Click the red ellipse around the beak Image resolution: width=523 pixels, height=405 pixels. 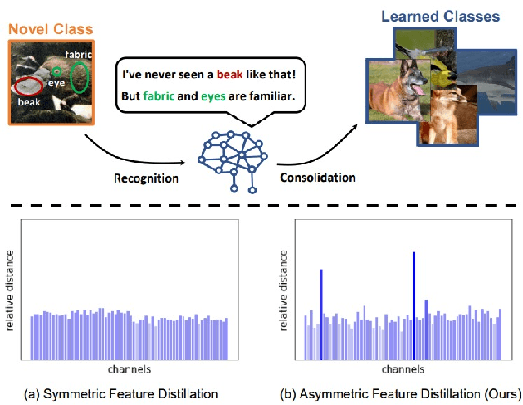(x=31, y=85)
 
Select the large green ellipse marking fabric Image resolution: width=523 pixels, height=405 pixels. (x=80, y=77)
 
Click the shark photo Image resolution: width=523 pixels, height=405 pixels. (x=489, y=80)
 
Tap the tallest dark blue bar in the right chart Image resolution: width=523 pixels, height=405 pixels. (x=413, y=306)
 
